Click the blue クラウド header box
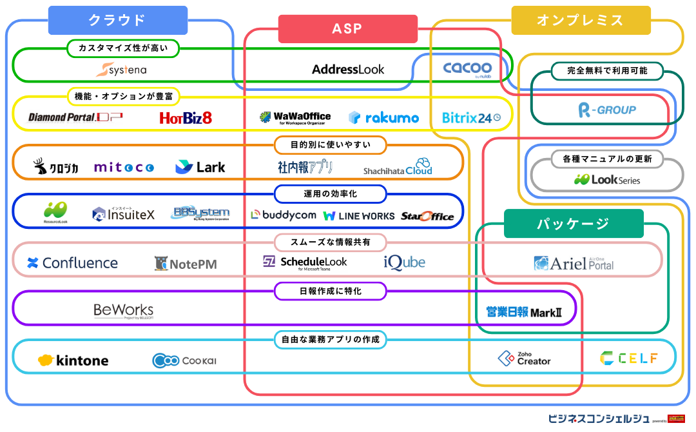[117, 20]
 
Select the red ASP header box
[347, 29]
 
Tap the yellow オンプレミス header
[580, 20]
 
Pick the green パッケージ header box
[573, 224]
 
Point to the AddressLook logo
[348, 69]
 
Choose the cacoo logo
[467, 68]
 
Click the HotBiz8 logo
[186, 117]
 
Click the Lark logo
[200, 167]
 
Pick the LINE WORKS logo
[358, 216]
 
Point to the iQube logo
[404, 262]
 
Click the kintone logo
[73, 360]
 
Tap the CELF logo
[628, 358]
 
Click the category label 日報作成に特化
[331, 291]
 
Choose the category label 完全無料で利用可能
[607, 70]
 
